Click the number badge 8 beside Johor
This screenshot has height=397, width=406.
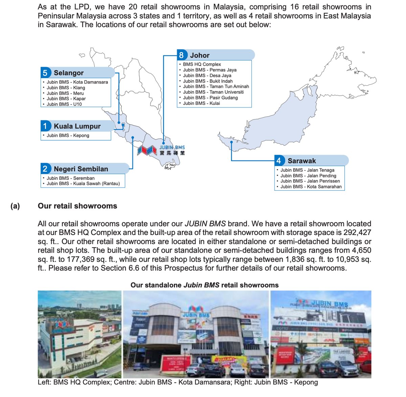point(182,55)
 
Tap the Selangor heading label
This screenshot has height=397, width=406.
point(68,73)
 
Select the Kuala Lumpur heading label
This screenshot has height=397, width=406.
point(77,126)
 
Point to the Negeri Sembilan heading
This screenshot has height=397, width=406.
point(81,169)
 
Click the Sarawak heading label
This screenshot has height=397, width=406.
point(302,161)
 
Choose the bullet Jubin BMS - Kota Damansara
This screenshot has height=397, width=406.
point(77,82)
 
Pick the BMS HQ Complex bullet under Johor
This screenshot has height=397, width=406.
point(202,64)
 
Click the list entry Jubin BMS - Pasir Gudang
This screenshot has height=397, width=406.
point(210,98)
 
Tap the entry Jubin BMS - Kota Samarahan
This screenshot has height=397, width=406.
point(311,187)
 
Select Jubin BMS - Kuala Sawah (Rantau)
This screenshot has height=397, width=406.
point(83,184)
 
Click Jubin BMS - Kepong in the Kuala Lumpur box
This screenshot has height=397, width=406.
point(68,135)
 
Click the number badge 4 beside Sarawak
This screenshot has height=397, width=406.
point(278,161)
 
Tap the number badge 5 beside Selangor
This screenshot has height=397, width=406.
point(45,73)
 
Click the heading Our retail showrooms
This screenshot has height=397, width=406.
point(77,206)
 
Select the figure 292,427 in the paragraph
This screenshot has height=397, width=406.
point(357,233)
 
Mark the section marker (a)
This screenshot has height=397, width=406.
point(15,206)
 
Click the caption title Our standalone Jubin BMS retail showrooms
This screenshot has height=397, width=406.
point(204,285)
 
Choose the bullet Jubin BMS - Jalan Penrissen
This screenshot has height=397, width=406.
point(310,181)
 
